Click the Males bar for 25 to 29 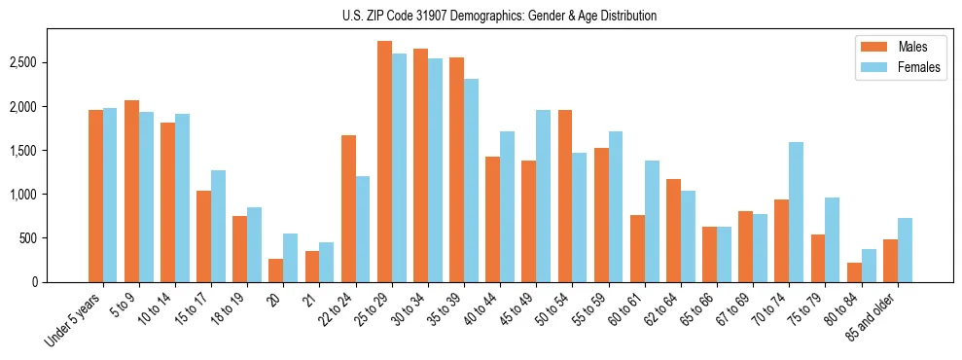click(384, 162)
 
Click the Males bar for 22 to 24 click(348, 208)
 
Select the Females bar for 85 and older click(905, 250)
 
